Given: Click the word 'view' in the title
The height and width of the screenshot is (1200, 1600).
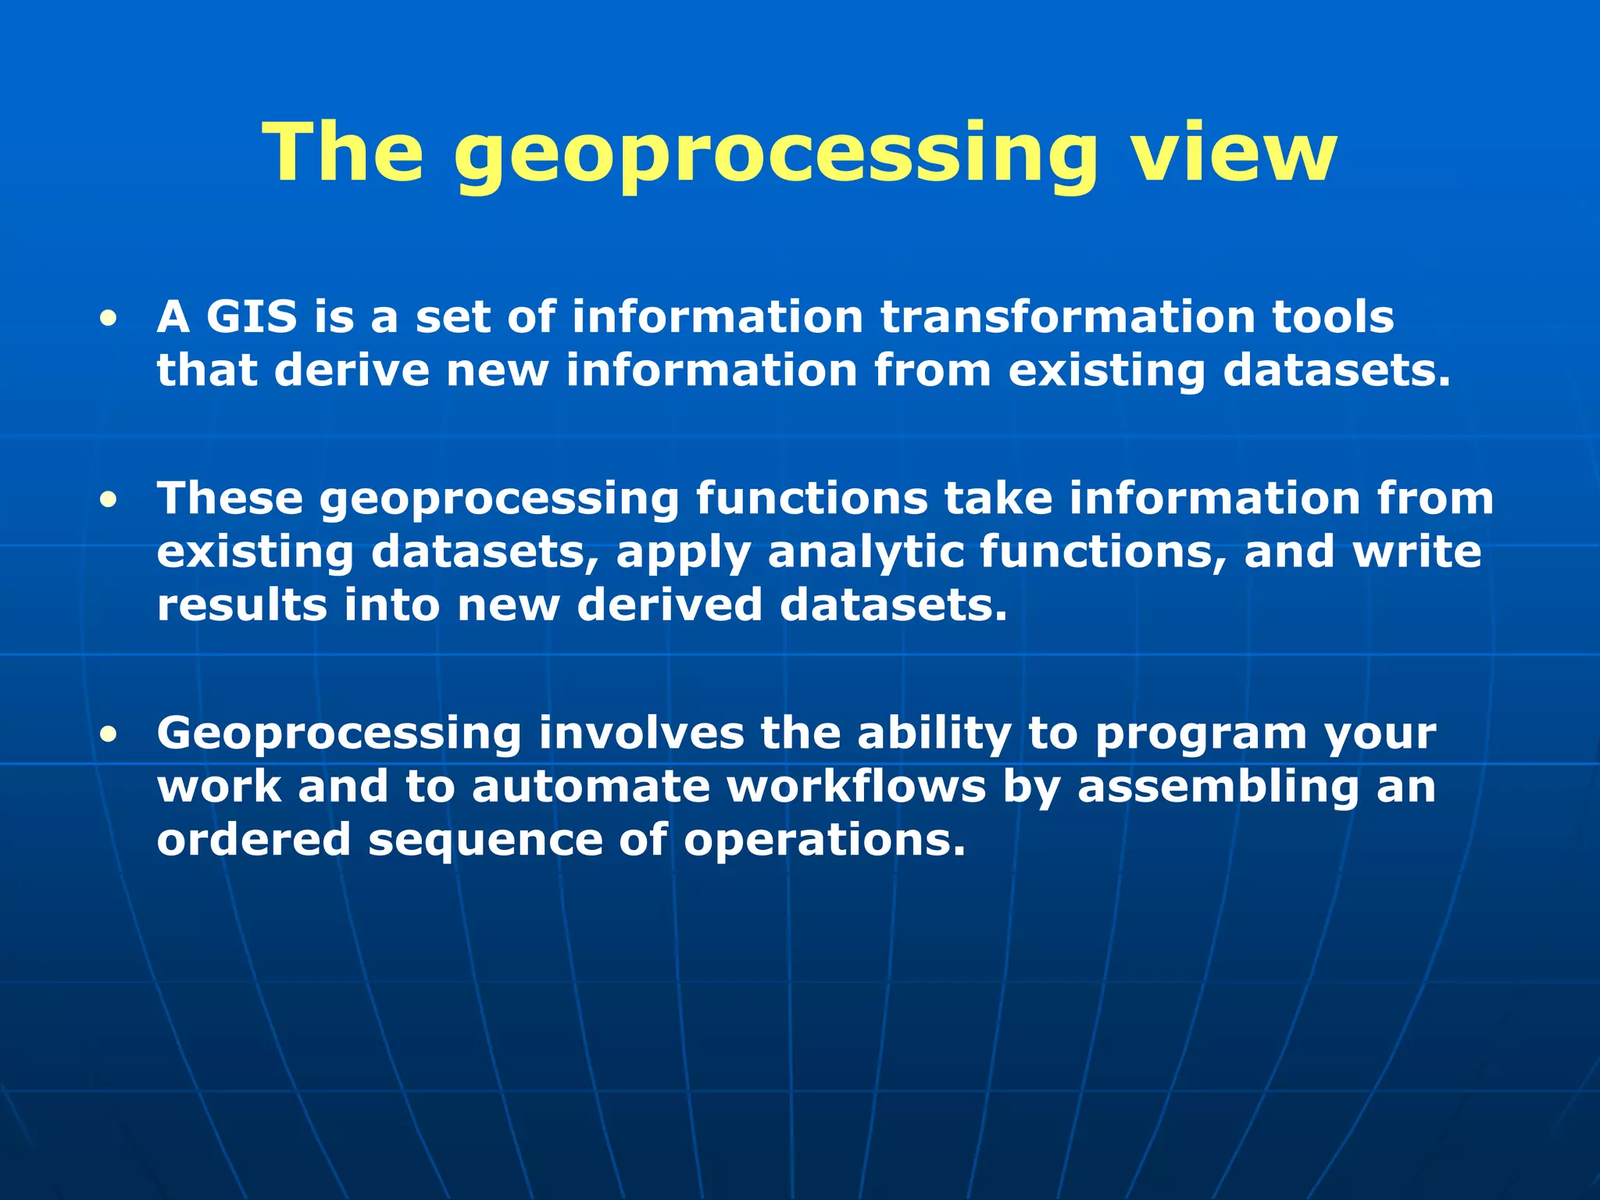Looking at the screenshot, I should tap(1234, 152).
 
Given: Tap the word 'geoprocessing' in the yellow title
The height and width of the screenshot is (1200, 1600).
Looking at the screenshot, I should tap(774, 156).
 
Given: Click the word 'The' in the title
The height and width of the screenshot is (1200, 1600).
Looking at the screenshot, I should tap(344, 152).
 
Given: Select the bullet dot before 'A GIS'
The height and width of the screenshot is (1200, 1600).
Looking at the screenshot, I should tap(109, 319).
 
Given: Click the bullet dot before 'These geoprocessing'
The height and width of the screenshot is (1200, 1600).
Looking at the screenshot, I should tap(109, 500).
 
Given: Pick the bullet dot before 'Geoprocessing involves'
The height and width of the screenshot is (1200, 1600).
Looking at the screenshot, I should tap(109, 734).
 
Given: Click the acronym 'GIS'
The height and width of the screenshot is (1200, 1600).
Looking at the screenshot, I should tap(252, 317).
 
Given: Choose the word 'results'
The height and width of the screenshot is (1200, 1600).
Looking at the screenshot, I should tap(241, 605).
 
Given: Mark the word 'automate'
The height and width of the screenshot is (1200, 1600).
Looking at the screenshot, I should tap(591, 786).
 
